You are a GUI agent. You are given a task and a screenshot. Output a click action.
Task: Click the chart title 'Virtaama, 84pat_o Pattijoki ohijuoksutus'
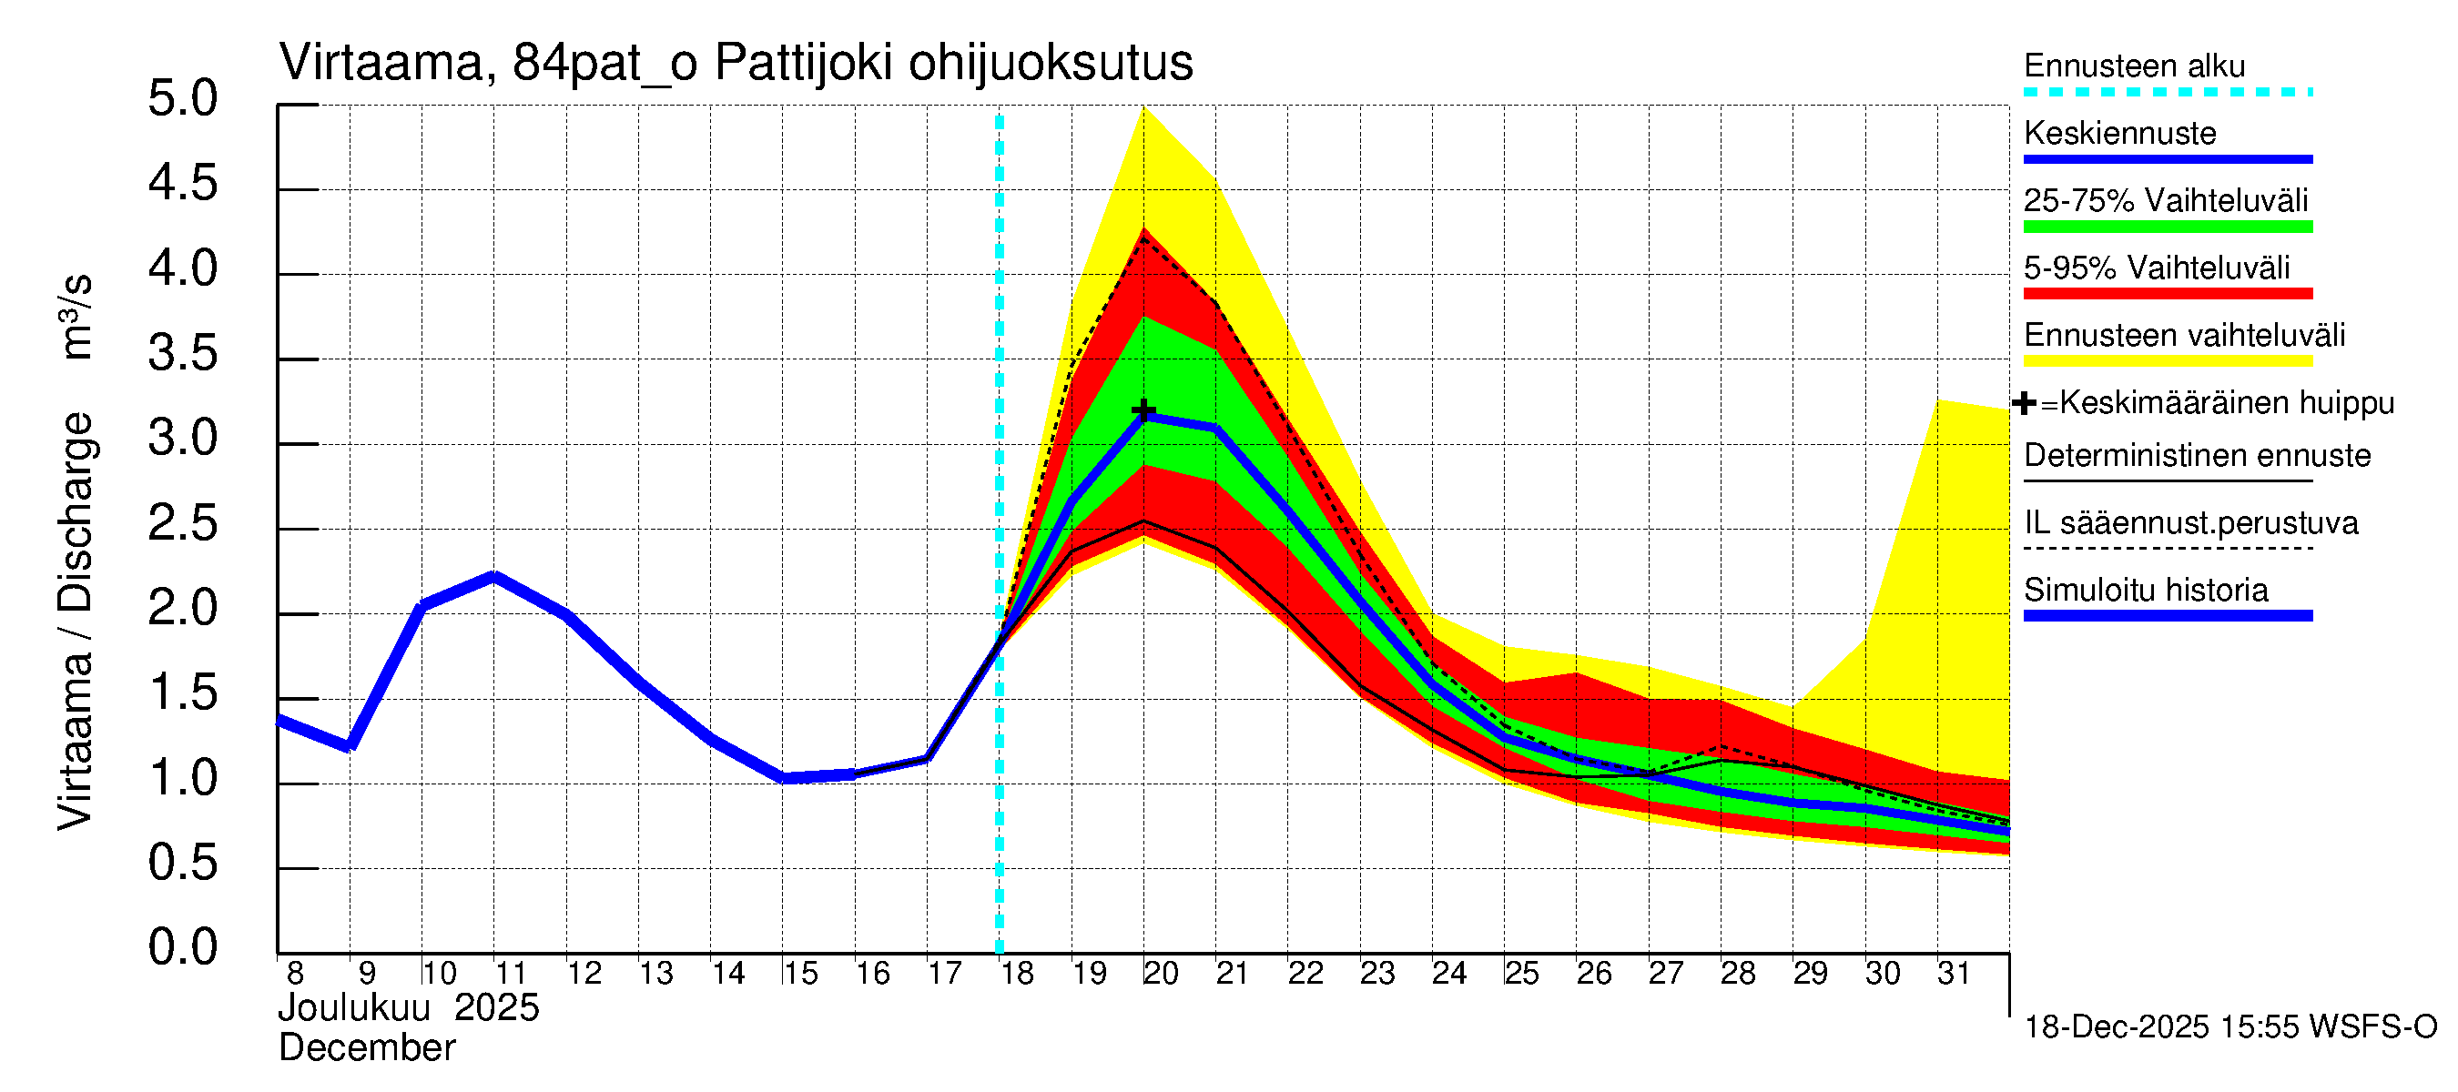tap(735, 64)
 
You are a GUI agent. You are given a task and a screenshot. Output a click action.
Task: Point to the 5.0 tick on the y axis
tap(182, 99)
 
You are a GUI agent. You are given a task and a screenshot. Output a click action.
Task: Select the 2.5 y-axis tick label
tap(182, 524)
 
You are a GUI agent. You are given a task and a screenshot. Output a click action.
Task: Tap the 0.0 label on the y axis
tap(182, 948)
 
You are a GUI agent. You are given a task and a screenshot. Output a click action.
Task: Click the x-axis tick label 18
tap(1016, 974)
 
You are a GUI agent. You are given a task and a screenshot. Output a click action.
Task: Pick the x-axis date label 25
tap(1521, 974)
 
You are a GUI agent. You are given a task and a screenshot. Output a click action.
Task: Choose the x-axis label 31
tap(1954, 974)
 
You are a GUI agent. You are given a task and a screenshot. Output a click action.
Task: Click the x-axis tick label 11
tap(511, 974)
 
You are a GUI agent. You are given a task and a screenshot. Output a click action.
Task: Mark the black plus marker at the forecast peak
tap(1143, 411)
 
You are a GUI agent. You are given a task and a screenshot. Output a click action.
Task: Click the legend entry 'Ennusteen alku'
tap(2134, 66)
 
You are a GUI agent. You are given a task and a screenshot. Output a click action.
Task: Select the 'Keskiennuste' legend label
tap(2119, 134)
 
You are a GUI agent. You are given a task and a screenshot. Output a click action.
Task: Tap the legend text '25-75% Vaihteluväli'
tap(2165, 201)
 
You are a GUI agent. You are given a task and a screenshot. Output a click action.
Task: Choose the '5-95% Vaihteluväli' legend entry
tap(2156, 268)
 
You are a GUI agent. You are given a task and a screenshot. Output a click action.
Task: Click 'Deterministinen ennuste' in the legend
tap(2197, 456)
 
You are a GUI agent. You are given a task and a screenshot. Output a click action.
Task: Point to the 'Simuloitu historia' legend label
tap(2145, 591)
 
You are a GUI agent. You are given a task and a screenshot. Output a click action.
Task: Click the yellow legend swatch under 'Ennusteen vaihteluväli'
tap(2167, 361)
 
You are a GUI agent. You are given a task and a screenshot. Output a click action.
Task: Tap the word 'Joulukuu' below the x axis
tap(354, 1008)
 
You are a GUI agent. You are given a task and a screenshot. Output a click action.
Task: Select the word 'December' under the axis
tap(366, 1048)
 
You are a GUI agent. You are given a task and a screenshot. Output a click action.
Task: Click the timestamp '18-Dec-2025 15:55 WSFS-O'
tap(2229, 1027)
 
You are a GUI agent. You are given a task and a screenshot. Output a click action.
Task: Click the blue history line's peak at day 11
tap(493, 576)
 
